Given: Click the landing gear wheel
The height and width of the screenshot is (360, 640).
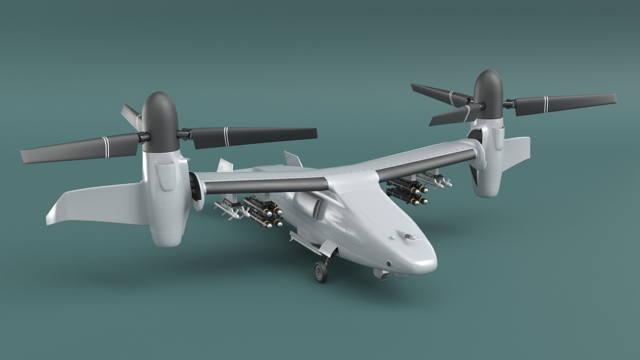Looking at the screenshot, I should pos(320,272).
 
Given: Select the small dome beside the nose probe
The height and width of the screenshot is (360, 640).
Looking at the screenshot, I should pos(393,237).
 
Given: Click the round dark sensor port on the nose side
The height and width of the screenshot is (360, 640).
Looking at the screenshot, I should pos(389,264).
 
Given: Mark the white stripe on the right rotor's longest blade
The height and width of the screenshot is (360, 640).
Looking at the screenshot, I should pos(546,104).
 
